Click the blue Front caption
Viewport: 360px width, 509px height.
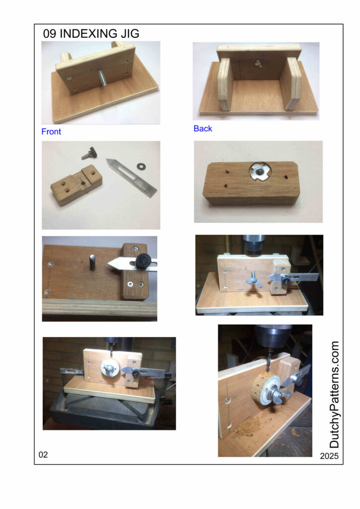click(x=51, y=131)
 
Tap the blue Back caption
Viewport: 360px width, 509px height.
click(x=202, y=129)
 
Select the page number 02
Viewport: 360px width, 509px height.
click(x=43, y=454)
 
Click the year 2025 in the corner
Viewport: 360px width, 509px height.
click(x=329, y=456)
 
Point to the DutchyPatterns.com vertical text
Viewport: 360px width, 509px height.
click(x=334, y=394)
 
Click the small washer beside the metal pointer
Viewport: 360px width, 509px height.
click(x=141, y=167)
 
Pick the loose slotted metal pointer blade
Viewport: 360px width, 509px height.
click(x=131, y=177)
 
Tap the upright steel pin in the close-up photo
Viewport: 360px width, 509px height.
click(x=92, y=262)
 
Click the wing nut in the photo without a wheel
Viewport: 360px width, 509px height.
click(x=252, y=280)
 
